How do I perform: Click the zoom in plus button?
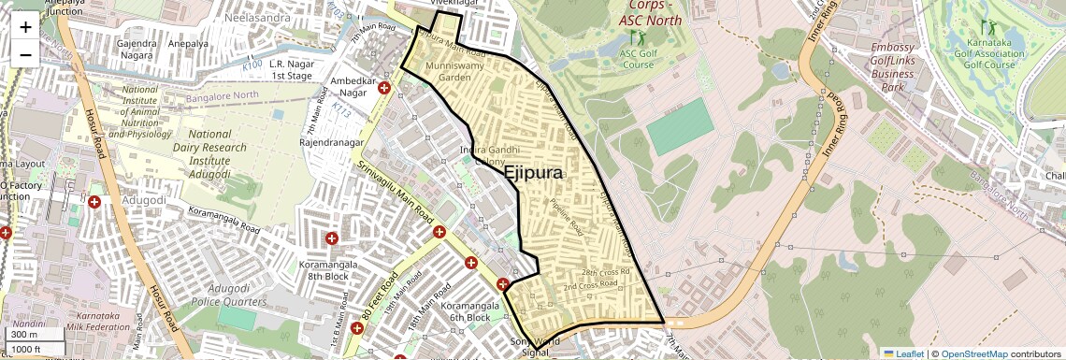(x=25, y=27)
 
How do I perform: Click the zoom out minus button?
(x=25, y=54)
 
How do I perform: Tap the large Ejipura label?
(x=534, y=173)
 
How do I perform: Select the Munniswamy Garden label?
(x=448, y=72)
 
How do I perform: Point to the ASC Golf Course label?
(x=638, y=59)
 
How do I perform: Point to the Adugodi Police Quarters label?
(x=229, y=295)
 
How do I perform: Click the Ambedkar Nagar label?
(x=347, y=87)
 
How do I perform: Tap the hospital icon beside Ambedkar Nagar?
(x=384, y=88)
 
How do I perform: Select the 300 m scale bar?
(x=36, y=335)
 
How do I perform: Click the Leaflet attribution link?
(x=903, y=353)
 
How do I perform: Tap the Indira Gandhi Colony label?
(x=484, y=156)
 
